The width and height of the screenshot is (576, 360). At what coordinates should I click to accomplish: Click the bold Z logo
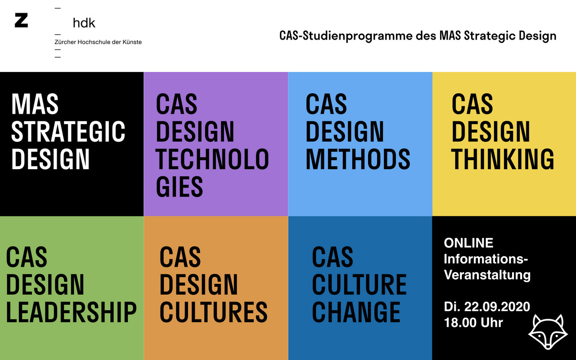pyautogui.click(x=21, y=20)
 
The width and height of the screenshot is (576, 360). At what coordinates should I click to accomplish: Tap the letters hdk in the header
pyautogui.click(x=84, y=23)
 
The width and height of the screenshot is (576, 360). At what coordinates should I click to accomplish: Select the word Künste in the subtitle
pyautogui.click(x=132, y=42)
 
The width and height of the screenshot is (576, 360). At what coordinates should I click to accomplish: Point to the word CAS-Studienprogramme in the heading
pyautogui.click(x=346, y=36)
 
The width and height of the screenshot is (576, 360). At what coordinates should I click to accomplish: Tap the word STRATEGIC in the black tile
pyautogui.click(x=68, y=131)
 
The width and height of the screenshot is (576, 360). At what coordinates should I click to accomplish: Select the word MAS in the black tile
pyautogui.click(x=35, y=103)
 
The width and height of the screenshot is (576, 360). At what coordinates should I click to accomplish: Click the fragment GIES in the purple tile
pyautogui.click(x=179, y=186)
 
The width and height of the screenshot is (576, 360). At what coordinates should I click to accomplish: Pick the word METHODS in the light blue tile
pyautogui.click(x=358, y=159)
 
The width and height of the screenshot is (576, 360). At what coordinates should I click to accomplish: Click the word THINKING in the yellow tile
pyautogui.click(x=503, y=159)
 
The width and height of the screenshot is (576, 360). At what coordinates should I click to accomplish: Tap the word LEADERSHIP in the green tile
pyautogui.click(x=71, y=312)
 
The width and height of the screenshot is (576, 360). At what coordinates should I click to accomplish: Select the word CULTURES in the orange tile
pyautogui.click(x=213, y=312)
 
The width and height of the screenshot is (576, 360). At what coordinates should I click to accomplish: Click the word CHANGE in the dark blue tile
pyautogui.click(x=356, y=312)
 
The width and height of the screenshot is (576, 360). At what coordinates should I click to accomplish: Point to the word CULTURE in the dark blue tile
pyautogui.click(x=359, y=284)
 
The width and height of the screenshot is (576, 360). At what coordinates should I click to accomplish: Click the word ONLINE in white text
pyautogui.click(x=468, y=243)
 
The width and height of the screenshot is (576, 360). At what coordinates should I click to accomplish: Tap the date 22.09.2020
pyautogui.click(x=497, y=306)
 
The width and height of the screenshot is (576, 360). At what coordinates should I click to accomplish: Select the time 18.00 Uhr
pyautogui.click(x=473, y=323)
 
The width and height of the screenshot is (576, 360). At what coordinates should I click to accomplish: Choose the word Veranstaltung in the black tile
pyautogui.click(x=487, y=275)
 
